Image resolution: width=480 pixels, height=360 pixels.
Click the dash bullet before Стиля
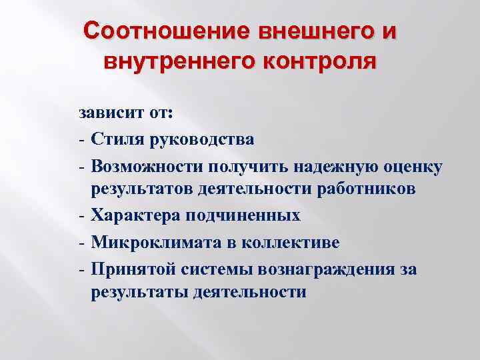(80, 140)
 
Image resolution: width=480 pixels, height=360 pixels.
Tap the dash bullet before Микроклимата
(80, 241)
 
